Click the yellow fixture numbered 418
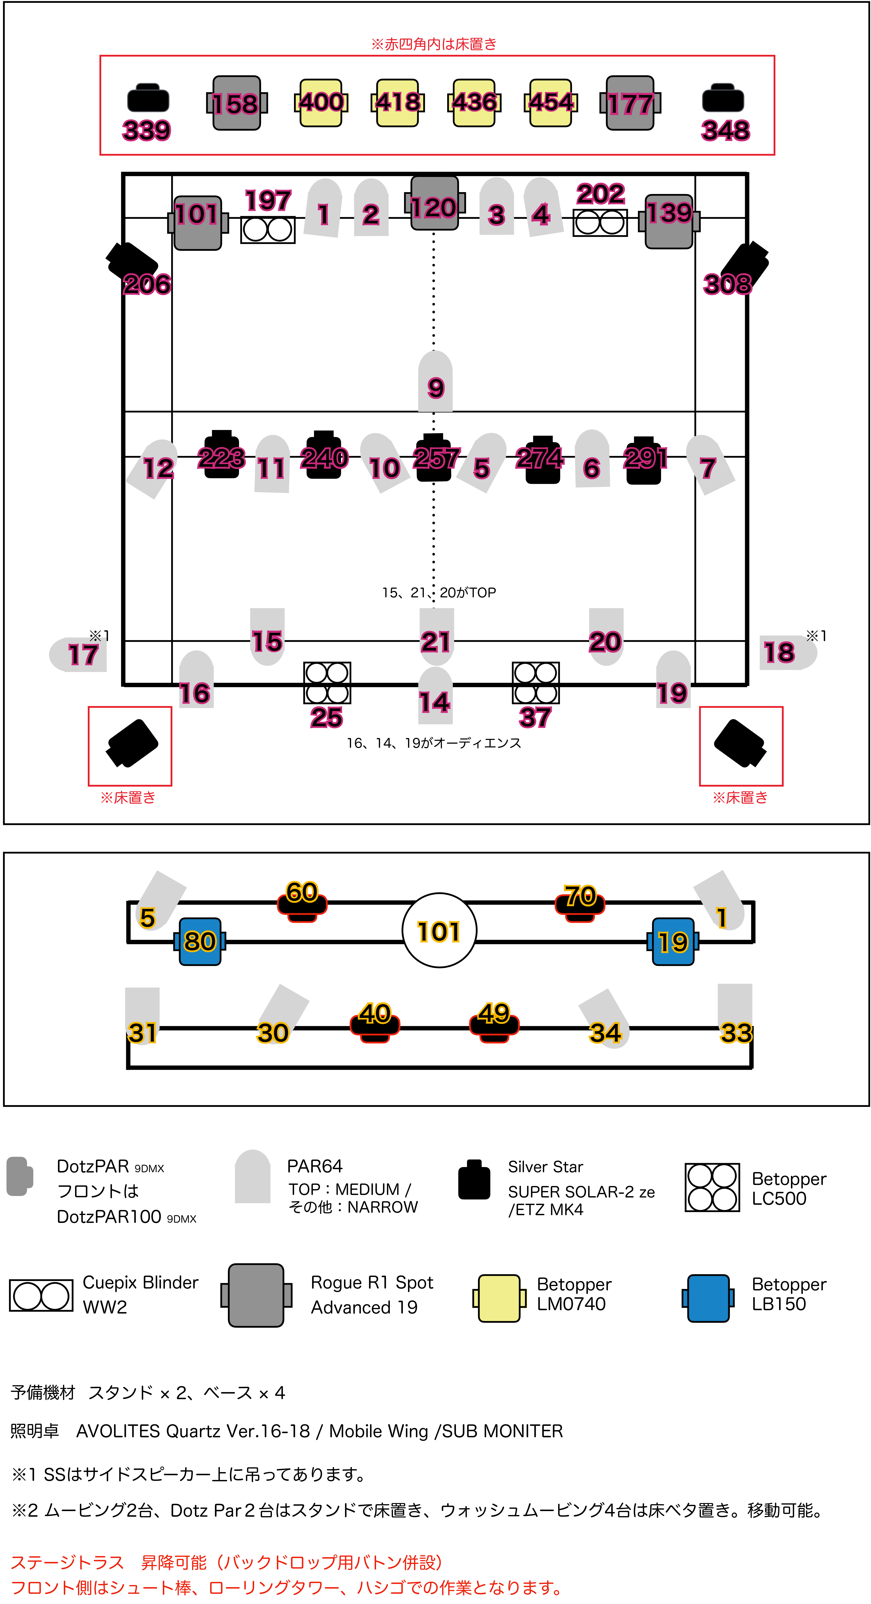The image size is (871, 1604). tap(398, 103)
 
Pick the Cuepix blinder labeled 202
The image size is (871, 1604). tap(599, 222)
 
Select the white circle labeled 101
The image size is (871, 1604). tap(439, 930)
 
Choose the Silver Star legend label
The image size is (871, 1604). tap(545, 1166)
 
